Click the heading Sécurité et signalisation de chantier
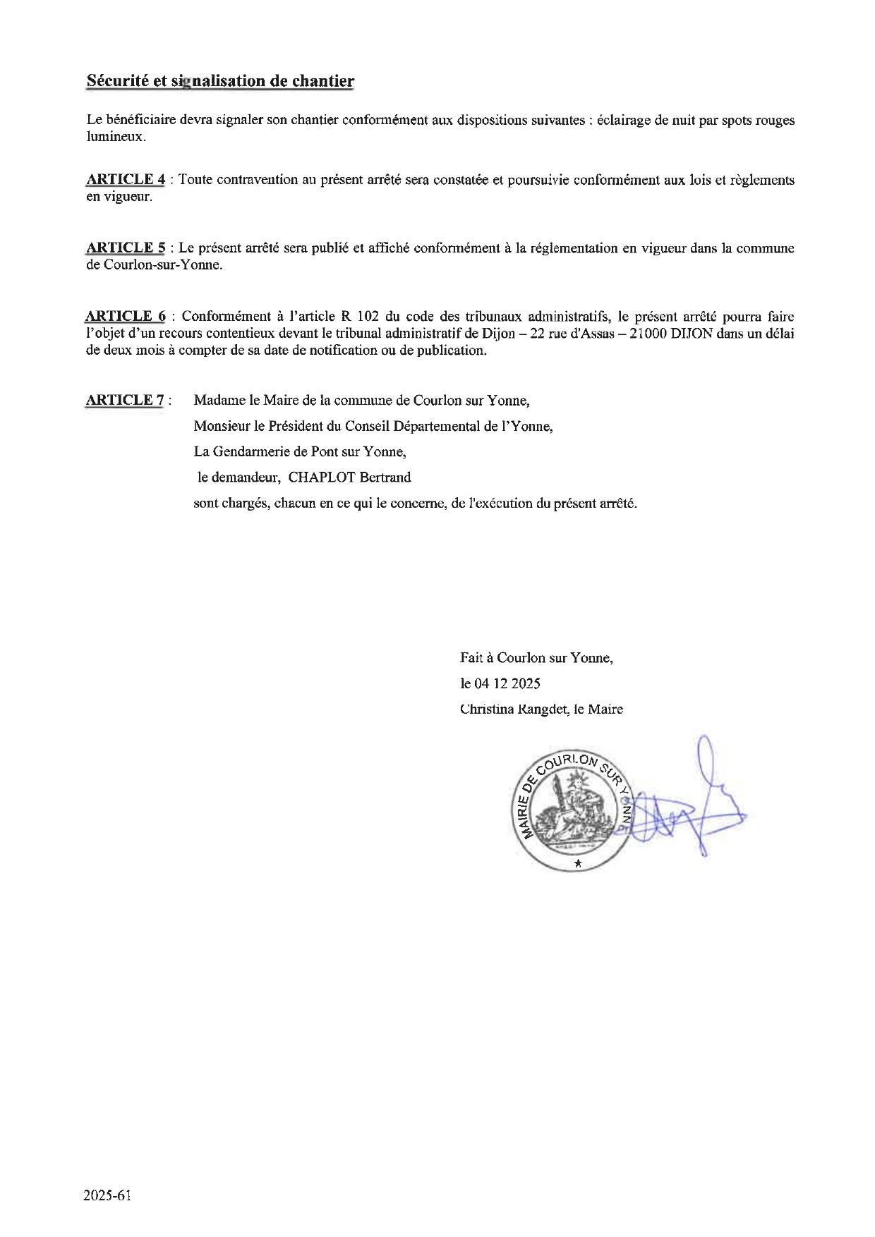click(220, 81)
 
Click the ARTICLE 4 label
click(126, 179)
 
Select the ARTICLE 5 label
click(126, 248)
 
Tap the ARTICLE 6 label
click(126, 316)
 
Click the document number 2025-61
click(107, 1195)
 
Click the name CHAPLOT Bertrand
click(349, 477)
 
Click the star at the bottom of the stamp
click(578, 863)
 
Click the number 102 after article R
click(368, 316)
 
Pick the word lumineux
click(116, 137)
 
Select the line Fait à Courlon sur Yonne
click(536, 658)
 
